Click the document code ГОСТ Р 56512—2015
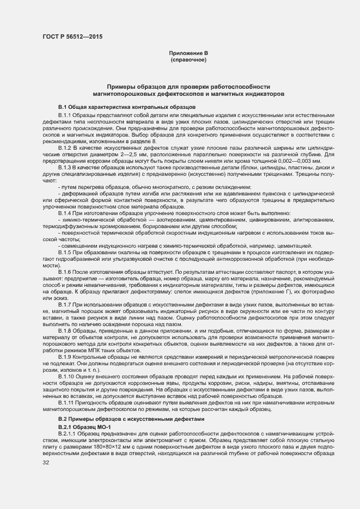pyautogui.click(x=72, y=37)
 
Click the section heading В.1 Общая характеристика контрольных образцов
pyautogui.click(x=123, y=107)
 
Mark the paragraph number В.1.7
pyautogui.click(x=65, y=305)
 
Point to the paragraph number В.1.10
pyautogui.click(x=66, y=376)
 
